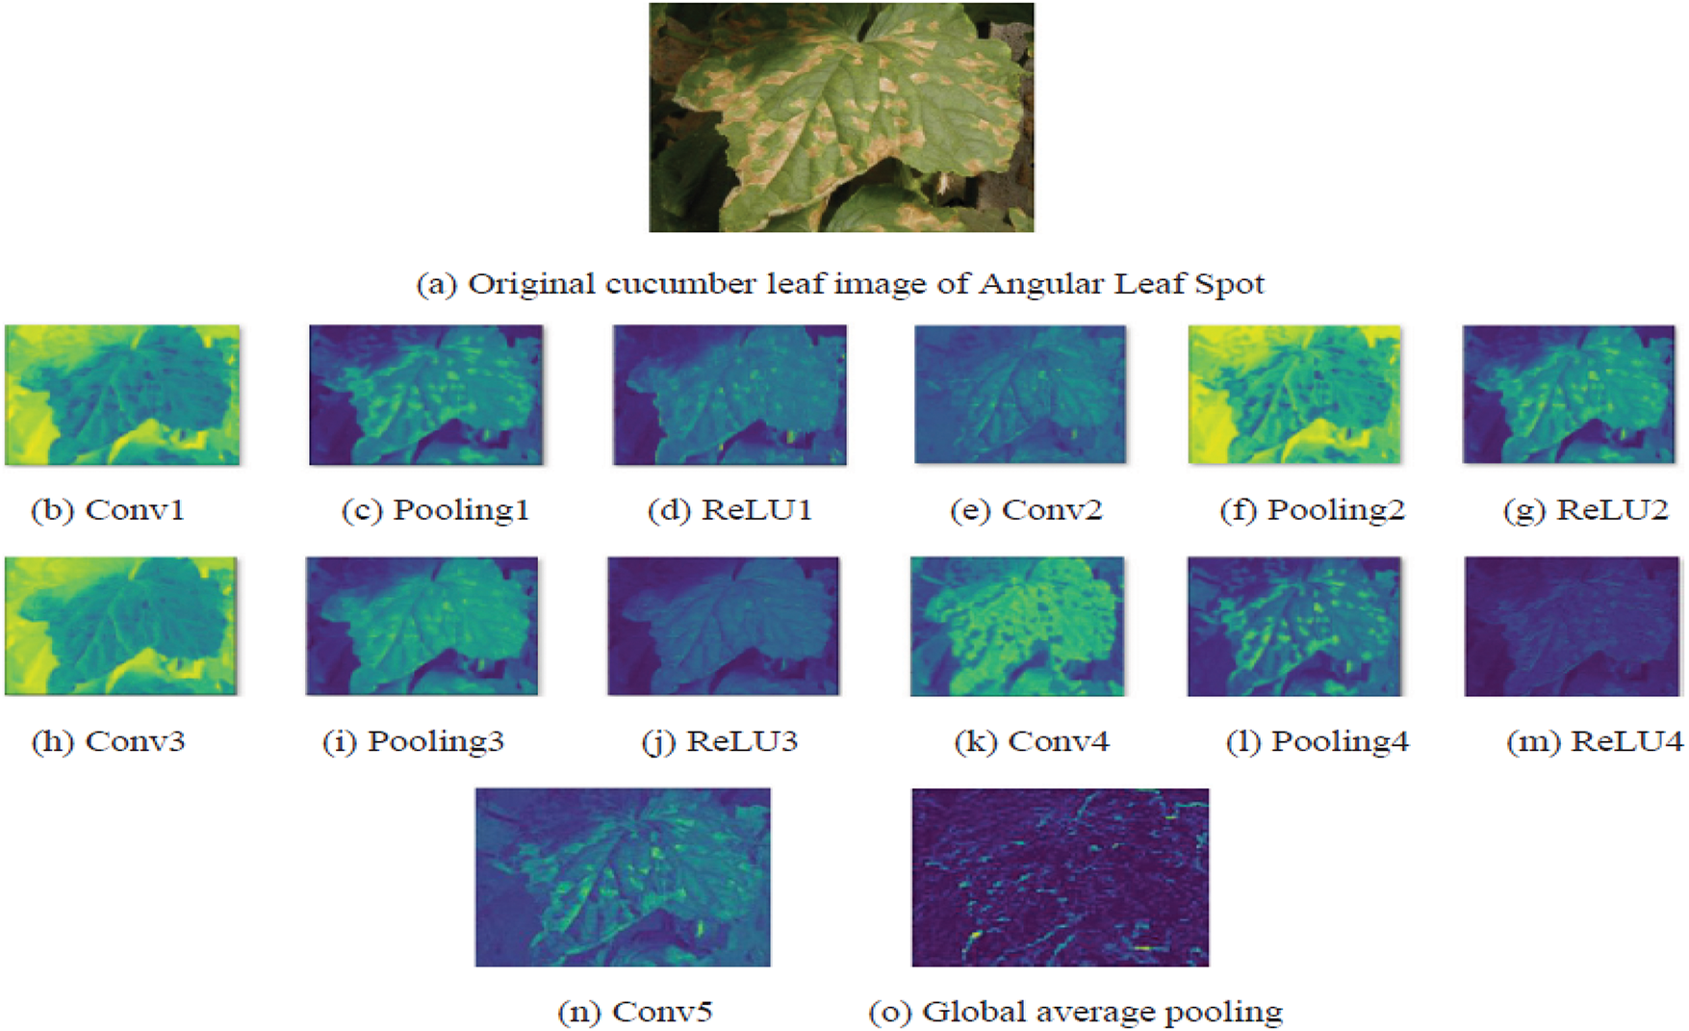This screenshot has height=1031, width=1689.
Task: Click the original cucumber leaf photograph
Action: (841, 117)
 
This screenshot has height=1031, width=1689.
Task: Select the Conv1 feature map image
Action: (122, 395)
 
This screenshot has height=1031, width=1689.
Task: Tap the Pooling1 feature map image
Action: (425, 395)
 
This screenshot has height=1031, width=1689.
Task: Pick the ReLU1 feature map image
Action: (729, 395)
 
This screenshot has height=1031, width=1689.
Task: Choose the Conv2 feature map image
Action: (1019, 395)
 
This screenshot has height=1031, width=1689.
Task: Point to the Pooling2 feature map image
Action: (1294, 395)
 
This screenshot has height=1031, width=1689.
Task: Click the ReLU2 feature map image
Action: (1569, 395)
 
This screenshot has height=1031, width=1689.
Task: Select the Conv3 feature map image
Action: (120, 626)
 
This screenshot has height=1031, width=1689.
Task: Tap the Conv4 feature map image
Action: (1016, 626)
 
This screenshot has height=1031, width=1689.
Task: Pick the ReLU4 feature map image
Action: (1572, 626)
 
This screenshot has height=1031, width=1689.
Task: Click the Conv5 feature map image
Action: (623, 877)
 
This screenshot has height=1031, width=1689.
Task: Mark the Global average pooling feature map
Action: (1061, 877)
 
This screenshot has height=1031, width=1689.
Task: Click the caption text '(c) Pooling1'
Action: (435, 509)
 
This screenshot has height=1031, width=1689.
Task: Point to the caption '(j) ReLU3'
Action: (720, 741)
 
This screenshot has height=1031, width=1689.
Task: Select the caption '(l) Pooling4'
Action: (1318, 741)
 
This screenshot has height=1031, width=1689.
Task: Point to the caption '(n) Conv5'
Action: (635, 1012)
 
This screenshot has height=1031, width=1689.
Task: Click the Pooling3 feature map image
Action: (422, 626)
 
